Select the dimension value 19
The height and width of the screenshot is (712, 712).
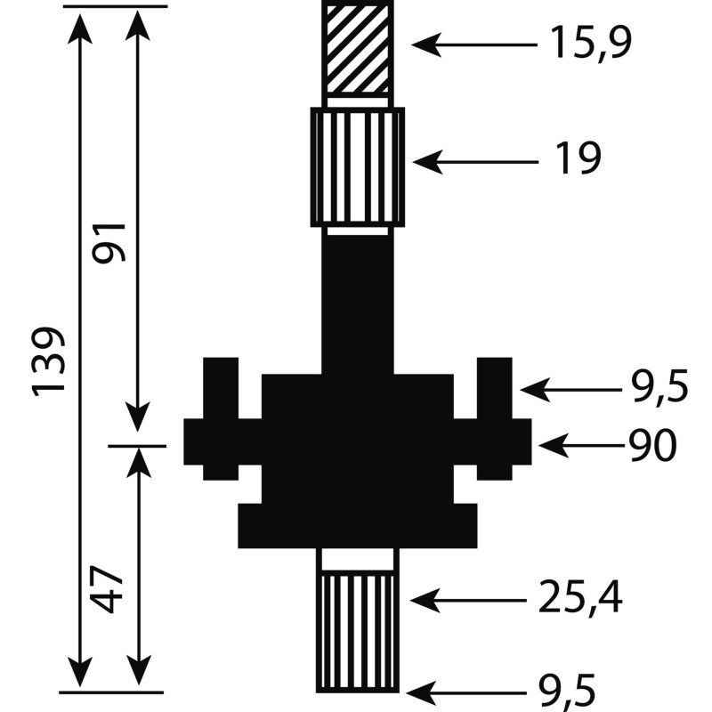[x=578, y=158]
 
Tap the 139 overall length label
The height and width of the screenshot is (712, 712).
[x=48, y=361]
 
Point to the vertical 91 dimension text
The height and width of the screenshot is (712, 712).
[x=109, y=242]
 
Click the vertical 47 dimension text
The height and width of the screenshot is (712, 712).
[x=107, y=589]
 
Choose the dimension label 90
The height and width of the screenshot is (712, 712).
[x=653, y=446]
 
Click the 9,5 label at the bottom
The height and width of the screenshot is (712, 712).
[x=566, y=693]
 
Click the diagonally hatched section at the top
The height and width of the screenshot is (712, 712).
[x=358, y=49]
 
